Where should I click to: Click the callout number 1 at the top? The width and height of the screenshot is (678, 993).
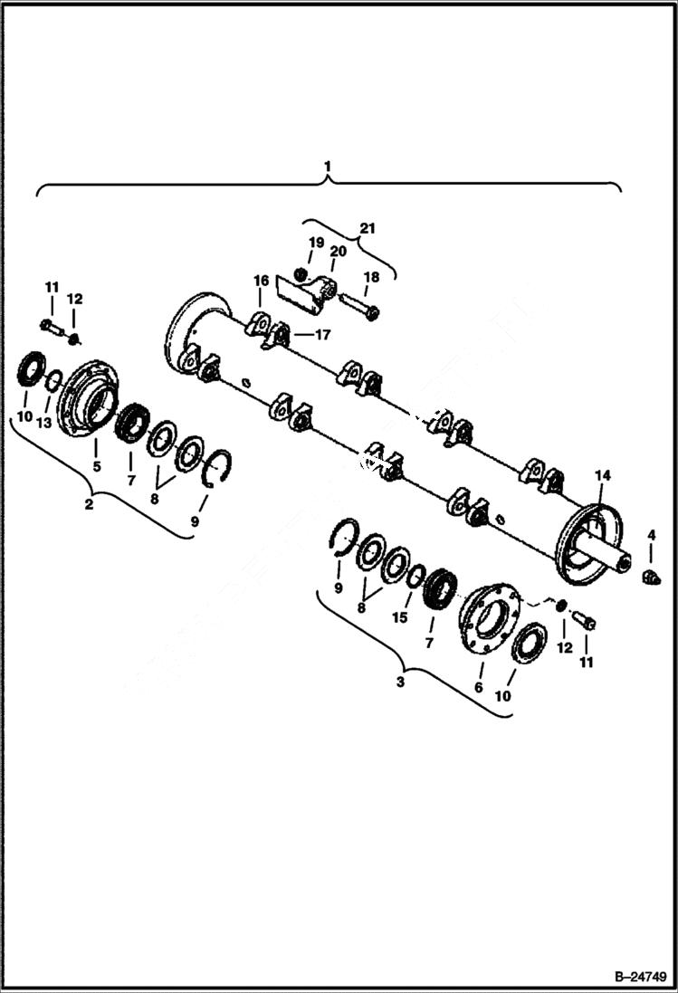328,167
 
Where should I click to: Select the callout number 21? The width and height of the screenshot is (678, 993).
366,228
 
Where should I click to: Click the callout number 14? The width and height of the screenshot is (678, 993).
602,475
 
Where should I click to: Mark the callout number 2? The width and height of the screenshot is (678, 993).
89,504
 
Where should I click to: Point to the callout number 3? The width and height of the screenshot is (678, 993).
401,683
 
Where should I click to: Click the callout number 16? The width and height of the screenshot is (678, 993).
261,282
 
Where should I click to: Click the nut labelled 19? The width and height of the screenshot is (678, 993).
303,273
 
